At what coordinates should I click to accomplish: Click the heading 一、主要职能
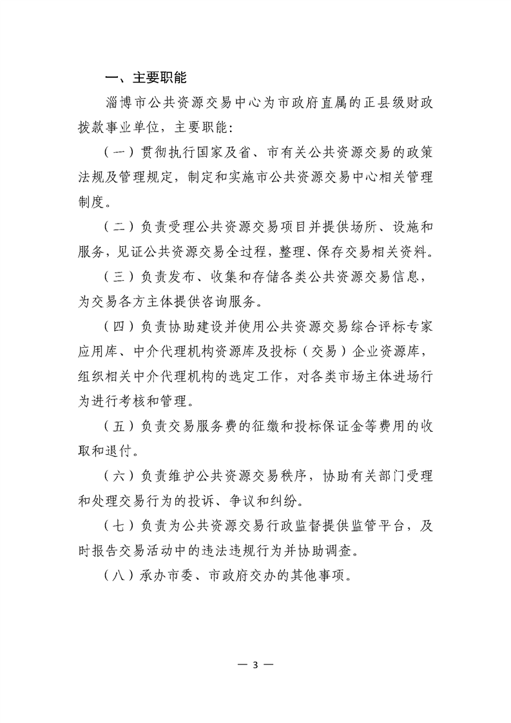click(x=146, y=79)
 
